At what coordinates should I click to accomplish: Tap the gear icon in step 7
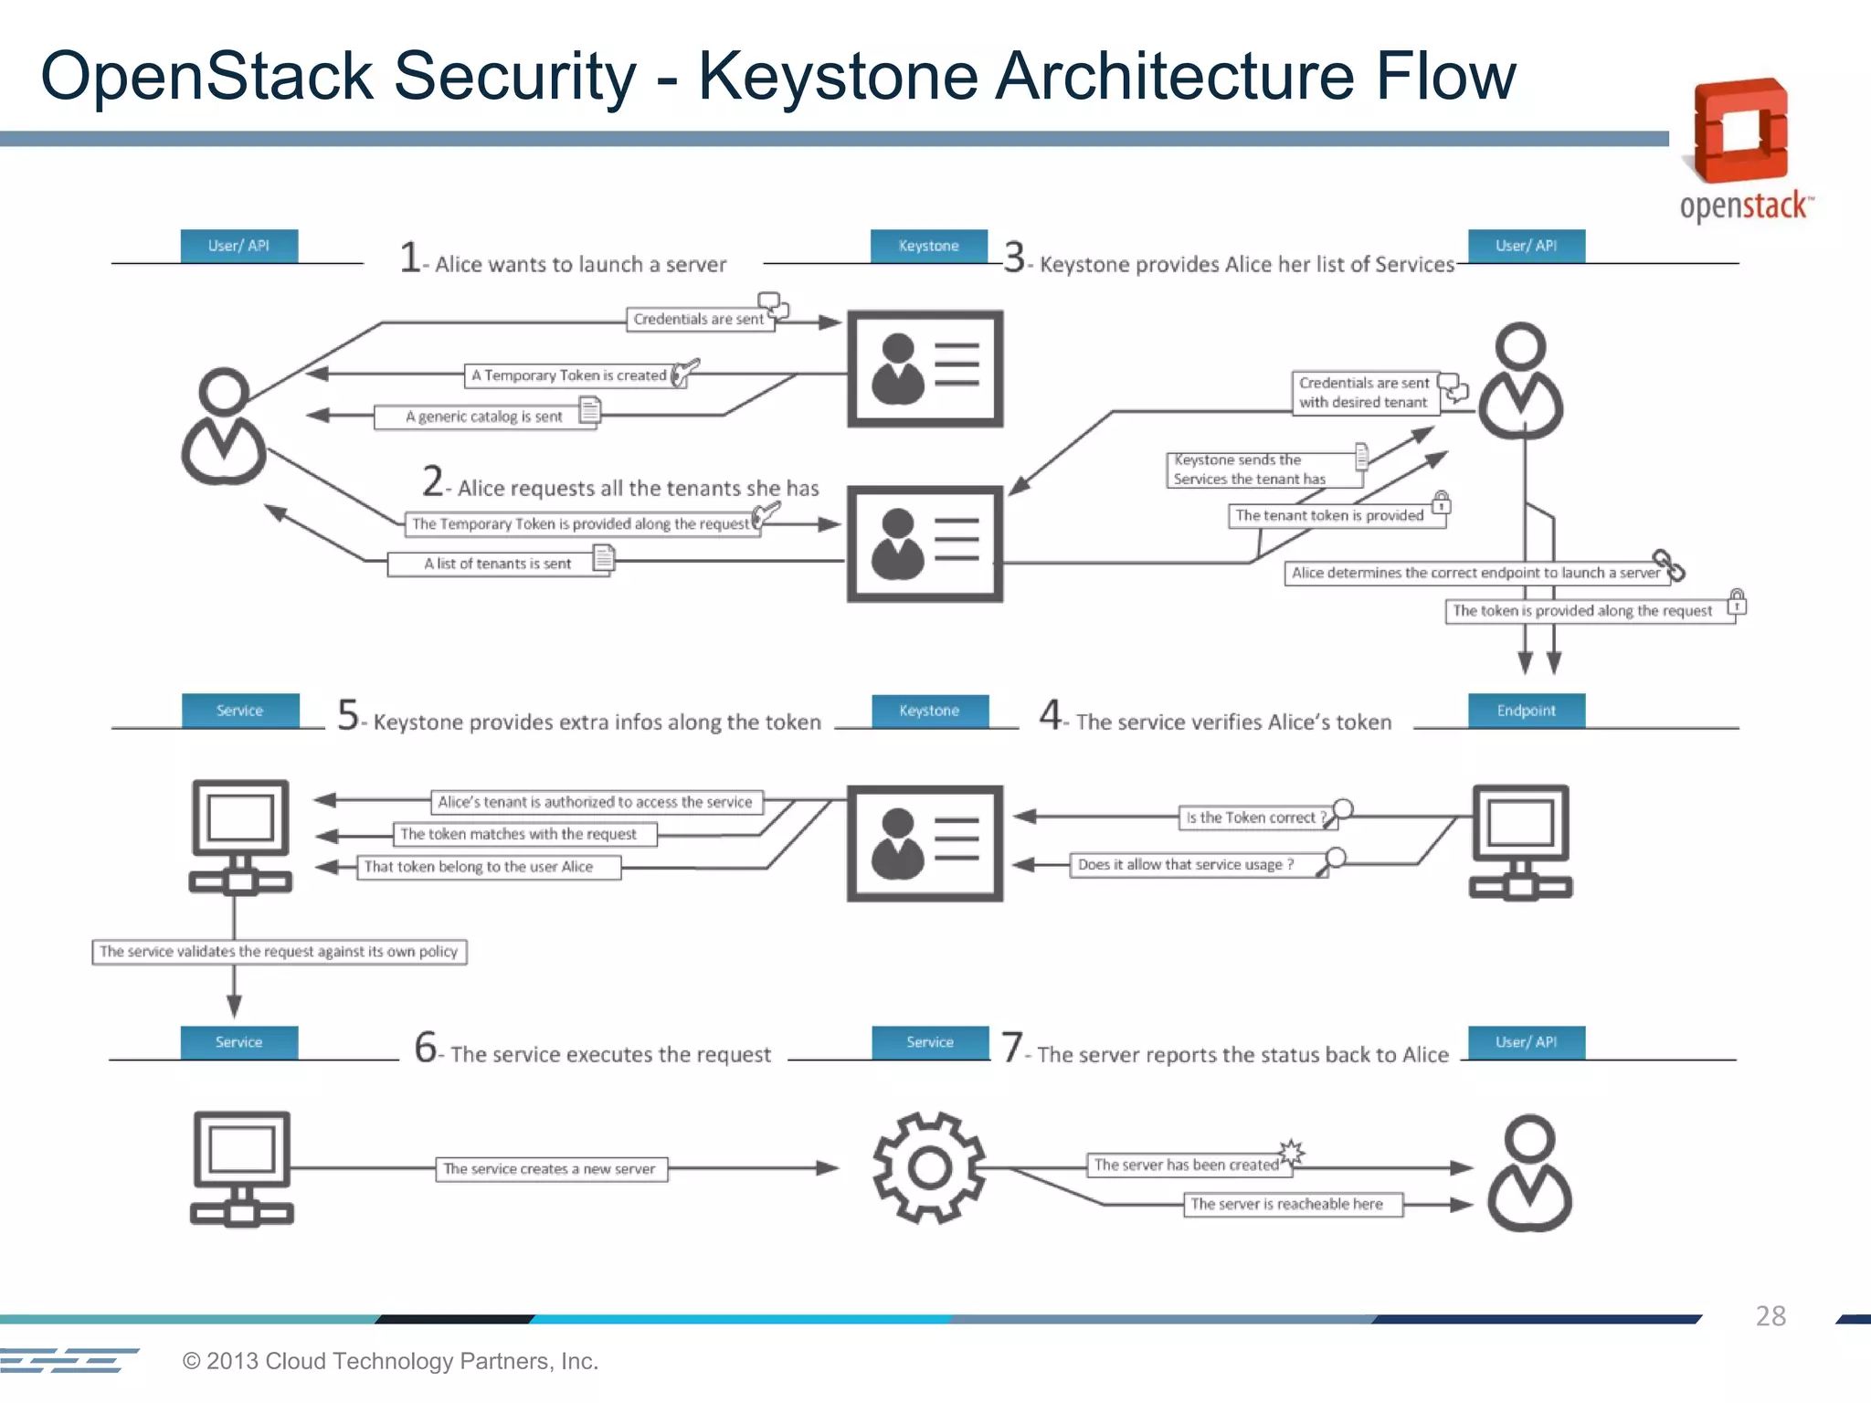929,1167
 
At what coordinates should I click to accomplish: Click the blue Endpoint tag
1526,711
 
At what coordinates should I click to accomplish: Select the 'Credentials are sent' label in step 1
699,319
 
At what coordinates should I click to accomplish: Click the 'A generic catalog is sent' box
484,417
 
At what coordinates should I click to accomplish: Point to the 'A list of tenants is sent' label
498,564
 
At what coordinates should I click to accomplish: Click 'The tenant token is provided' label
1329,515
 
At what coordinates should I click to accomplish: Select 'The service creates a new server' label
550,1168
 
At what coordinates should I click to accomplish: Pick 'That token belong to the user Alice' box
479,866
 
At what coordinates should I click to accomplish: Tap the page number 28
1770,1315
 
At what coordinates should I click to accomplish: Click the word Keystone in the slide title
839,76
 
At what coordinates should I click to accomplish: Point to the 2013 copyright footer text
390,1360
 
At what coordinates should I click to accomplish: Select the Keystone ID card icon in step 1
925,369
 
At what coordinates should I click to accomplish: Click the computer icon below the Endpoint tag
1520,841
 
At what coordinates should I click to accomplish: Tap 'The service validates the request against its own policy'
279,952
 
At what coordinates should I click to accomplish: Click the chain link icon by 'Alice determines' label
1668,565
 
